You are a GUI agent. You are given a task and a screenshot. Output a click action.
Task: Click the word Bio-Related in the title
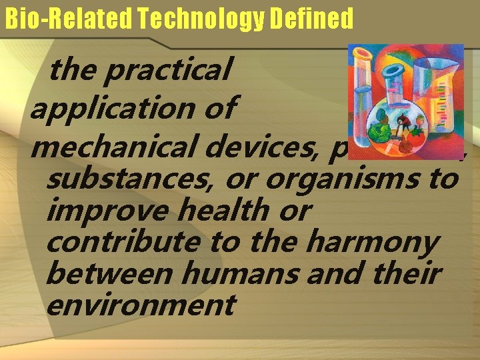tap(60, 19)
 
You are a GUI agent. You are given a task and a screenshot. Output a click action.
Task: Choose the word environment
tap(141, 305)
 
